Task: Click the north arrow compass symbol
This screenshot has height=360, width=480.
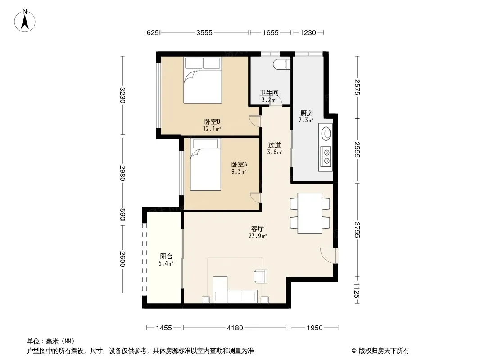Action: pyautogui.click(x=25, y=21)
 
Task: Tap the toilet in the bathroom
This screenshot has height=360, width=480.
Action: pyautogui.click(x=281, y=64)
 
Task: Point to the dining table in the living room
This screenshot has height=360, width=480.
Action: pyautogui.click(x=310, y=213)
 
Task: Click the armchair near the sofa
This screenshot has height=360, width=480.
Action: pyautogui.click(x=261, y=276)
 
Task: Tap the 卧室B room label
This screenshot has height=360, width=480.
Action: pyautogui.click(x=212, y=121)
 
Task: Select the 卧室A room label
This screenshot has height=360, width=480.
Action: pyautogui.click(x=239, y=164)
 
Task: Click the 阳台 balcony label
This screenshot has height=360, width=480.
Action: pyautogui.click(x=166, y=256)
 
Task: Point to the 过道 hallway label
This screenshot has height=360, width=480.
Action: pyautogui.click(x=274, y=145)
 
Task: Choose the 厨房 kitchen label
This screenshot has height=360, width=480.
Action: pyautogui.click(x=307, y=113)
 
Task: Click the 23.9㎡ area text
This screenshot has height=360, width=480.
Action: pyautogui.click(x=258, y=236)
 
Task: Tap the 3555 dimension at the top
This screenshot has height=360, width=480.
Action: pyautogui.click(x=204, y=32)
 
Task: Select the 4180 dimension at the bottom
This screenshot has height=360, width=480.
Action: pyautogui.click(x=235, y=328)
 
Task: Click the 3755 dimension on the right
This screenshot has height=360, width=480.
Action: pyautogui.click(x=357, y=229)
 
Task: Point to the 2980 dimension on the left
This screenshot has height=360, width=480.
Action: pyautogui.click(x=122, y=173)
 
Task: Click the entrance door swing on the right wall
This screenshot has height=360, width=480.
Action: pyautogui.click(x=328, y=256)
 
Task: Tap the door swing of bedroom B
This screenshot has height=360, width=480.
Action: pyautogui.click(x=255, y=121)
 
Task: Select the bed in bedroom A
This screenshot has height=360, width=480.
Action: pyautogui.click(x=205, y=165)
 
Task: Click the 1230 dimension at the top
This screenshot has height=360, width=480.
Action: pyautogui.click(x=308, y=32)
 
